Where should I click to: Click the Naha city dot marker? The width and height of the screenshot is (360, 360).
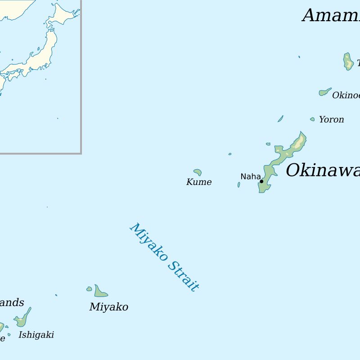coord(261,181)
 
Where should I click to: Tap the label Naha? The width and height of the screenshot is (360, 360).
coord(250,176)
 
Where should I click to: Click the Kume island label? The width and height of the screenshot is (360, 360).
coord(199,182)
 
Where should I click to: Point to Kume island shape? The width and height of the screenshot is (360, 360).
coord(198,172)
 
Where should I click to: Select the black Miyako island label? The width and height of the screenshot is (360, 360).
coord(108,307)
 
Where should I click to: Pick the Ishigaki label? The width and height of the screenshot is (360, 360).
coord(36,335)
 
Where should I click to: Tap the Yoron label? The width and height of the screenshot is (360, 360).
coord(331,120)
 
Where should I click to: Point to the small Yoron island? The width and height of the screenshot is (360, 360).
coord(312,119)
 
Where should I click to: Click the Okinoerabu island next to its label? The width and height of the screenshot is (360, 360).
coord(324,92)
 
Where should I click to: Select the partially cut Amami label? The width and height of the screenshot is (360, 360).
coord(331,16)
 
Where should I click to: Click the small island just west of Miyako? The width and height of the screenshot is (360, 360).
coord(89,289)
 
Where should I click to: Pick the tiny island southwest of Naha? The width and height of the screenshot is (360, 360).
coord(239,184)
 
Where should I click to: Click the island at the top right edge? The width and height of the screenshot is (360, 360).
coord(348,62)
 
